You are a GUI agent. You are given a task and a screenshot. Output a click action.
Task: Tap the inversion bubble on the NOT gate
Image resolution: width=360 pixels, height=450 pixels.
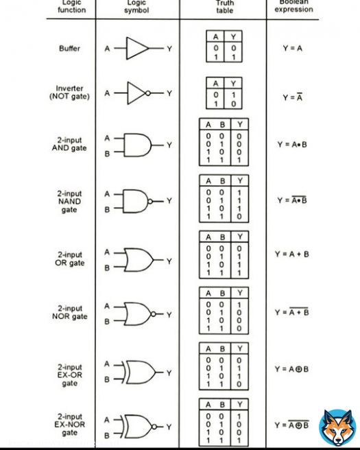point(147,93)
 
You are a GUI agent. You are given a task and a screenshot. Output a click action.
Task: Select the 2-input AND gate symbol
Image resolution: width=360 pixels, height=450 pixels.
point(137,145)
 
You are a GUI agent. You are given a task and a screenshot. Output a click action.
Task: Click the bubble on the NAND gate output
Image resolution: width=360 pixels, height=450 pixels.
point(150,201)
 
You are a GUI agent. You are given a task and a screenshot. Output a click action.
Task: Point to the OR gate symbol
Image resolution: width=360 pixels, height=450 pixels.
point(139,260)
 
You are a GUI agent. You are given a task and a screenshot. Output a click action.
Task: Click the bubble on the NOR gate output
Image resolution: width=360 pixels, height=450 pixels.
point(153,314)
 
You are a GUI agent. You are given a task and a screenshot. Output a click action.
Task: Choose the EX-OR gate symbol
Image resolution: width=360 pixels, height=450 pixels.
point(139,372)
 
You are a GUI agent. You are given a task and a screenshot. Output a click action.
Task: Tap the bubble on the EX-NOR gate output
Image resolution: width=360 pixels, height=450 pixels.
point(154,427)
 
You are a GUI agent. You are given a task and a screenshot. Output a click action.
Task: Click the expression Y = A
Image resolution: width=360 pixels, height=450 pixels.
point(292,48)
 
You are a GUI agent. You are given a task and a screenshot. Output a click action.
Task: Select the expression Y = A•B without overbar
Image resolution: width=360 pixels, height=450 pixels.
point(292,144)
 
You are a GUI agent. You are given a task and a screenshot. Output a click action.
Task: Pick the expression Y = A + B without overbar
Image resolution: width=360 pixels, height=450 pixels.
point(291,254)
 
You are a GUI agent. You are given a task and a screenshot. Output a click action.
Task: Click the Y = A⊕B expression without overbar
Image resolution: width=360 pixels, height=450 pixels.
point(291,369)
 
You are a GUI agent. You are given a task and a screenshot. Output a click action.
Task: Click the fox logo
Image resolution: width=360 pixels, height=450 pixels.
point(337,427)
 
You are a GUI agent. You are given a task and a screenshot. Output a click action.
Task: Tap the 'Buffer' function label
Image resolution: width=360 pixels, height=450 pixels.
point(69,48)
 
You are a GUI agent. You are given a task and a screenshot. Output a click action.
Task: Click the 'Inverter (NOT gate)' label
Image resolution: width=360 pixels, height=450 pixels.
point(69,93)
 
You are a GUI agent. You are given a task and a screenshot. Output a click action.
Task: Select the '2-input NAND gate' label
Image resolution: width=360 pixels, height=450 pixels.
point(69,202)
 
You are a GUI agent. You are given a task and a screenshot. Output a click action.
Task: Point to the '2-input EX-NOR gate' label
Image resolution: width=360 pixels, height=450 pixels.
point(69,425)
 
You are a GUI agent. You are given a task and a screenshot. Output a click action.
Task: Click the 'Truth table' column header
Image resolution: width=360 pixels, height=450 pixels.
point(225,7)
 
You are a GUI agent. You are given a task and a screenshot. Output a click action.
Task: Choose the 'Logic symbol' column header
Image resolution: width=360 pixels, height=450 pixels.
point(136,7)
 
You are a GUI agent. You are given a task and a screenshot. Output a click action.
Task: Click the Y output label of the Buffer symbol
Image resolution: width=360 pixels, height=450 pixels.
point(169,49)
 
